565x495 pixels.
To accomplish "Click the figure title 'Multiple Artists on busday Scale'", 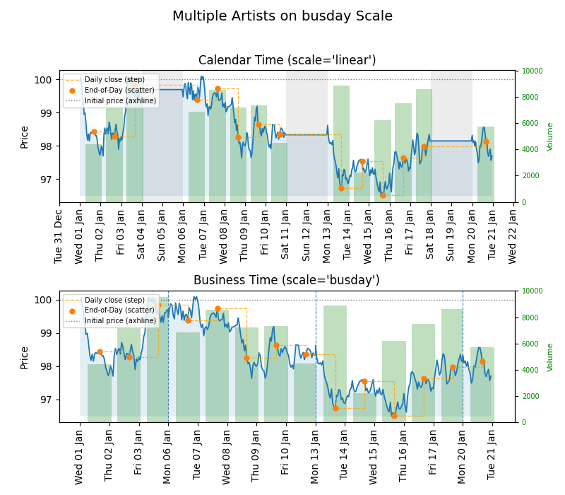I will point(282,16).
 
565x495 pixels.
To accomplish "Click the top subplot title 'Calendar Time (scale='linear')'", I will point(287,61).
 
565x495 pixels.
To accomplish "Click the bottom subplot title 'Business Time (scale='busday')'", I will point(287,281).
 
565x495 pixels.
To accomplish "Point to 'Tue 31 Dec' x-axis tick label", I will point(59,234).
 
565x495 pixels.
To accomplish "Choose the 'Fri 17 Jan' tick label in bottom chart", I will point(434,453).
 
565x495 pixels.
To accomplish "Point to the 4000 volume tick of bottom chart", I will point(531,370).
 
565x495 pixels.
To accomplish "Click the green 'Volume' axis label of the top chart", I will point(550,136).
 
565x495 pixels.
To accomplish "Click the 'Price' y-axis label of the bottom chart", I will point(25,357).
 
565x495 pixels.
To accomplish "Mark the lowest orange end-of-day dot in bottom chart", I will point(394,416).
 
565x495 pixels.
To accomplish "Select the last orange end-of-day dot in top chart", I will point(486,141).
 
